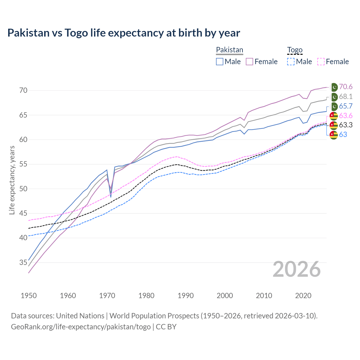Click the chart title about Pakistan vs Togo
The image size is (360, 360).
click(x=124, y=33)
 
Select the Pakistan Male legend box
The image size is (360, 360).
click(x=220, y=62)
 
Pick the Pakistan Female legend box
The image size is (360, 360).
click(x=249, y=62)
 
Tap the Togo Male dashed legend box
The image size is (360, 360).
click(x=291, y=62)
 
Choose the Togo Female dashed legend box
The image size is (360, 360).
click(x=321, y=62)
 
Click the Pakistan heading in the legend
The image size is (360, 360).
click(x=229, y=50)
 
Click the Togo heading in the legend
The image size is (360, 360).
click(x=295, y=50)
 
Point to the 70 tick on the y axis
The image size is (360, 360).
click(x=23, y=91)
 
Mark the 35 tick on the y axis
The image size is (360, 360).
click(x=23, y=262)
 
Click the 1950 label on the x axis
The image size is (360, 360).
click(x=29, y=296)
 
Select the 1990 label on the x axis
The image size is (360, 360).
click(x=186, y=296)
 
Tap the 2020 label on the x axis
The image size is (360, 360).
click(x=303, y=296)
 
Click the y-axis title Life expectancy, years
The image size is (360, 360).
click(x=12, y=180)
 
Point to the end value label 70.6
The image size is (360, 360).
click(x=346, y=87)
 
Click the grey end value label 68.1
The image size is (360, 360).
click(x=346, y=97)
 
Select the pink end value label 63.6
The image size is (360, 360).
click(x=346, y=116)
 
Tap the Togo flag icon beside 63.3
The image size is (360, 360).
click(x=334, y=125)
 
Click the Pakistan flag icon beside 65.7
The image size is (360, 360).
click(x=334, y=106)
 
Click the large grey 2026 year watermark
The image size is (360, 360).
click(x=297, y=269)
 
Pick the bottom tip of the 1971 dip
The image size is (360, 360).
click(x=111, y=197)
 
